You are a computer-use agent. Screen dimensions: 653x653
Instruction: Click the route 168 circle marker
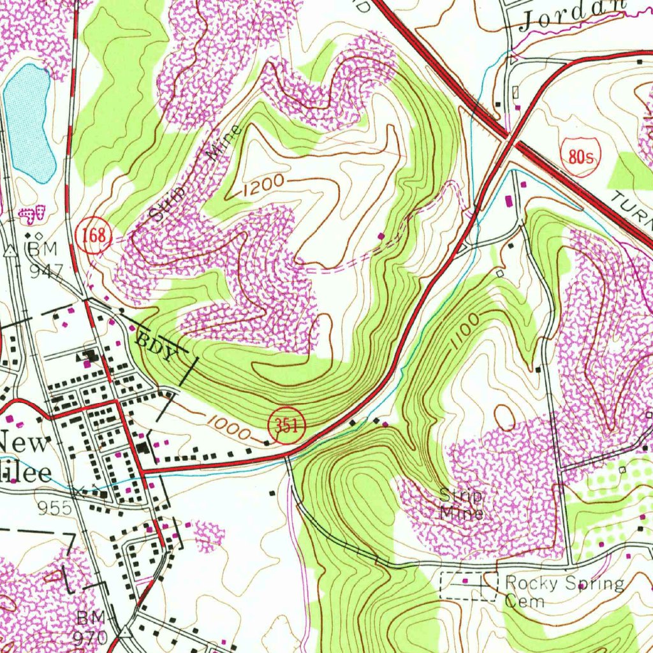click(x=93, y=235)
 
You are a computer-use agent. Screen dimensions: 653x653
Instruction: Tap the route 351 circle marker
click(x=287, y=427)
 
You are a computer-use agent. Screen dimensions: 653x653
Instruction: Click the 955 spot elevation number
click(x=54, y=508)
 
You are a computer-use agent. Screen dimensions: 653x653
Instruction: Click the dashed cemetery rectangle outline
click(x=469, y=585)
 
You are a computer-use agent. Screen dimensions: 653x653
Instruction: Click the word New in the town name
click(x=25, y=444)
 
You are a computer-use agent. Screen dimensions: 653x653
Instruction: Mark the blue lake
click(x=29, y=121)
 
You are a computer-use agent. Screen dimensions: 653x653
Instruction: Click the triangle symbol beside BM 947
click(x=11, y=251)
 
